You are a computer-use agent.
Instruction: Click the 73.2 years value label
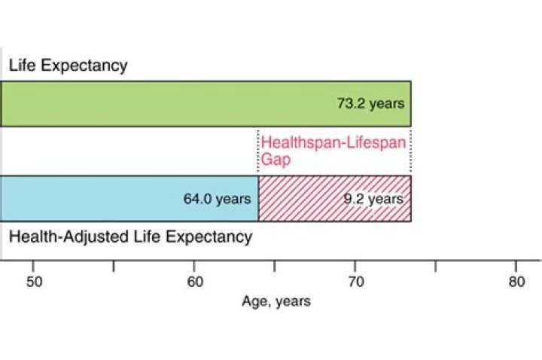(370, 103)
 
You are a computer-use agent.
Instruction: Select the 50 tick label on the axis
(33, 282)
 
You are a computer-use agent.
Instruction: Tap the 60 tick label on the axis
(194, 282)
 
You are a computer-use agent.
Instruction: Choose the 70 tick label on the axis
(355, 282)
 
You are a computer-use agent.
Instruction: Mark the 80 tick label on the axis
(516, 282)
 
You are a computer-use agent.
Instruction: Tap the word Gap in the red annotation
(276, 160)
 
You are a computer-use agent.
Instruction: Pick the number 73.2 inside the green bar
(351, 103)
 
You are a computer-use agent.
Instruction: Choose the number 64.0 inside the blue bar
(197, 200)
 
